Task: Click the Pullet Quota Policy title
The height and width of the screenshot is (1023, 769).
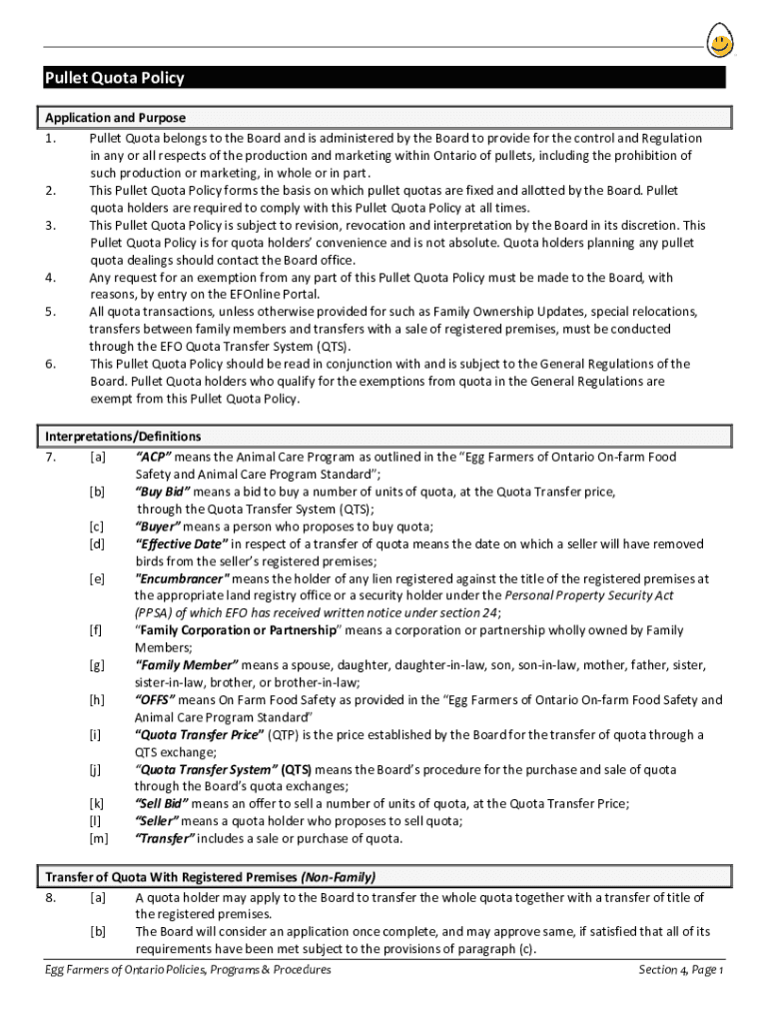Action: click(x=114, y=79)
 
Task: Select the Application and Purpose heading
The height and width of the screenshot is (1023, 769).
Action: click(x=115, y=118)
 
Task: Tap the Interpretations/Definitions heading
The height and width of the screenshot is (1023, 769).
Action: click(x=123, y=437)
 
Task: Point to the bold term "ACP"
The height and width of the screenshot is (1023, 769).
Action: click(x=154, y=457)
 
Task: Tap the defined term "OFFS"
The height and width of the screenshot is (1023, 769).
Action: click(x=155, y=700)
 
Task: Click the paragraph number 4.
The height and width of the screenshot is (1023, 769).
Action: click(x=49, y=278)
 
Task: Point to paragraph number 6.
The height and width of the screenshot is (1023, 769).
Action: click(x=49, y=364)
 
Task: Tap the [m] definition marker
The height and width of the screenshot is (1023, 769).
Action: click(x=98, y=839)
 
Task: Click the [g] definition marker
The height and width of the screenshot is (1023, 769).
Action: click(x=97, y=665)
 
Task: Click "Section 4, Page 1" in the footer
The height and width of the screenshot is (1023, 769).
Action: click(x=681, y=970)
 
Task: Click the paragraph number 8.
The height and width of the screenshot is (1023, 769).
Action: click(x=49, y=898)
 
